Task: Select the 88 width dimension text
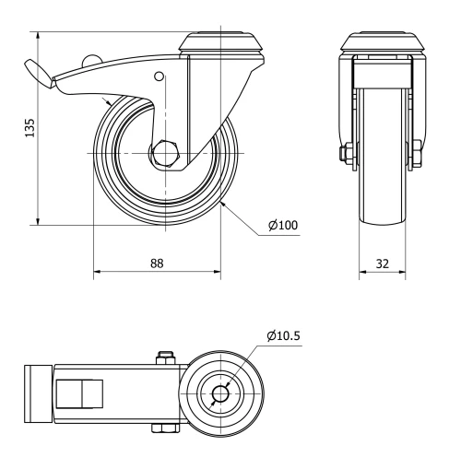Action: click(x=157, y=263)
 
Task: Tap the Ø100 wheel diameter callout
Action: click(x=283, y=224)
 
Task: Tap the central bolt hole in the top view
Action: click(x=220, y=394)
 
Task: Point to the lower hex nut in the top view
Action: click(x=166, y=428)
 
